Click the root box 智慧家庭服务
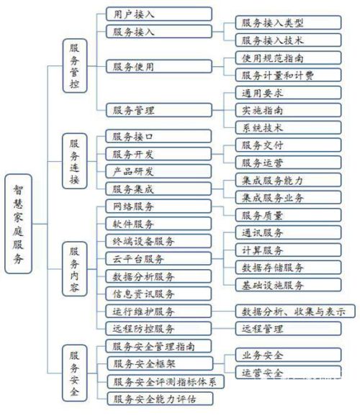[19, 224]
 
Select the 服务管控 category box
[75, 66]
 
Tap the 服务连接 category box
[75, 161]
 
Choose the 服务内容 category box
[75, 269]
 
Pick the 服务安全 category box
[75, 373]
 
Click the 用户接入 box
[159, 14]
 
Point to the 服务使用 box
[159, 66]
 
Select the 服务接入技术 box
[288, 40]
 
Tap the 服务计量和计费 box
[288, 75]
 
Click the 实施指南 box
[288, 110]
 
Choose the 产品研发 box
[158, 171]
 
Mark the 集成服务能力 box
[288, 180]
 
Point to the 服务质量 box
[288, 215]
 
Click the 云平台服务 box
[158, 258]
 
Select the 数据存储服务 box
[288, 268]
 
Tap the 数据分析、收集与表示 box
[295, 311]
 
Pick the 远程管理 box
[288, 328]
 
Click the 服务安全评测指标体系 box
[166, 381]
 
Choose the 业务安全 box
[288, 355]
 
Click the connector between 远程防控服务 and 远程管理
[224, 328]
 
